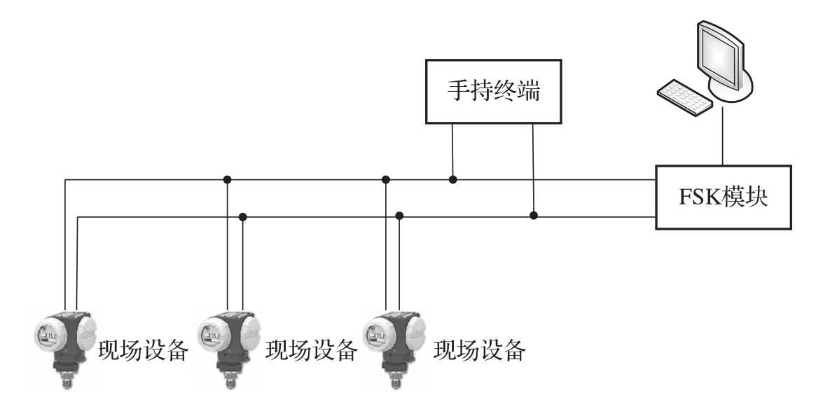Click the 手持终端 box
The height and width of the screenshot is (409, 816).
click(494, 91)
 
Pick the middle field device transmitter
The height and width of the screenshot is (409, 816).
click(226, 344)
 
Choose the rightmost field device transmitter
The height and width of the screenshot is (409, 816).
click(391, 344)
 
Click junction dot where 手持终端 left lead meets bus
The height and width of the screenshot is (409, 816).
click(453, 180)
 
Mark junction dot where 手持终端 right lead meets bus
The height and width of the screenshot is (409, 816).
click(534, 214)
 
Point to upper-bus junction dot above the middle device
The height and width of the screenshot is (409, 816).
click(227, 180)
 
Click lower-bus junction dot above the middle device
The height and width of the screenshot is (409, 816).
click(242, 216)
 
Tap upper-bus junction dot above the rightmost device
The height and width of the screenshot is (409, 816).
click(385, 180)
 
